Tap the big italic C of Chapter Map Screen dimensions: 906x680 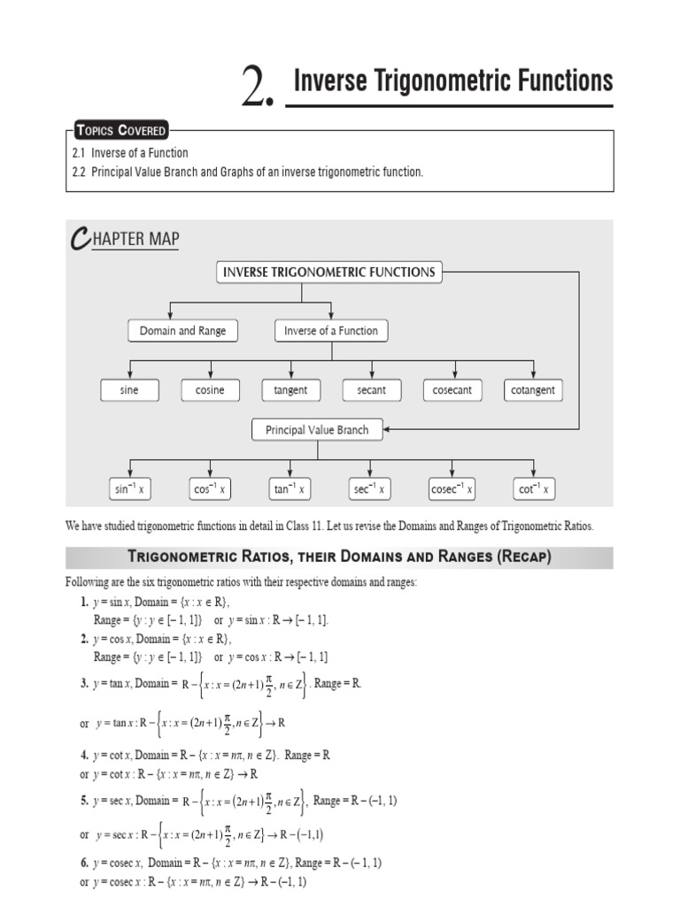(x=78, y=238)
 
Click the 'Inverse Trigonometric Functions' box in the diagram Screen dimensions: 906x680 (x=328, y=272)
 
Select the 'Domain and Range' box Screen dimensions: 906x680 (x=182, y=331)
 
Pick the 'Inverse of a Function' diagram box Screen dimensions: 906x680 (x=331, y=331)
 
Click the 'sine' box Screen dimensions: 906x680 (x=129, y=390)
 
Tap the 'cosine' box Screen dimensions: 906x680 (x=210, y=390)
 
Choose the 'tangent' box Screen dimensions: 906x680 (x=290, y=390)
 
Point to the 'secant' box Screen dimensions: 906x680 (x=371, y=390)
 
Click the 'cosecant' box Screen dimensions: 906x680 (x=452, y=390)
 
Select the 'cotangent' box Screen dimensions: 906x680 (x=533, y=390)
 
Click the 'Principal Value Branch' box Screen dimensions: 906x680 (x=317, y=430)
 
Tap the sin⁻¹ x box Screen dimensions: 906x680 (x=129, y=488)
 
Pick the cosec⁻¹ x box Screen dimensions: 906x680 (x=452, y=488)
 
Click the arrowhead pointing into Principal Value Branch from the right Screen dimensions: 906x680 (x=388, y=430)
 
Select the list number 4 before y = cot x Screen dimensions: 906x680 (x=84, y=756)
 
